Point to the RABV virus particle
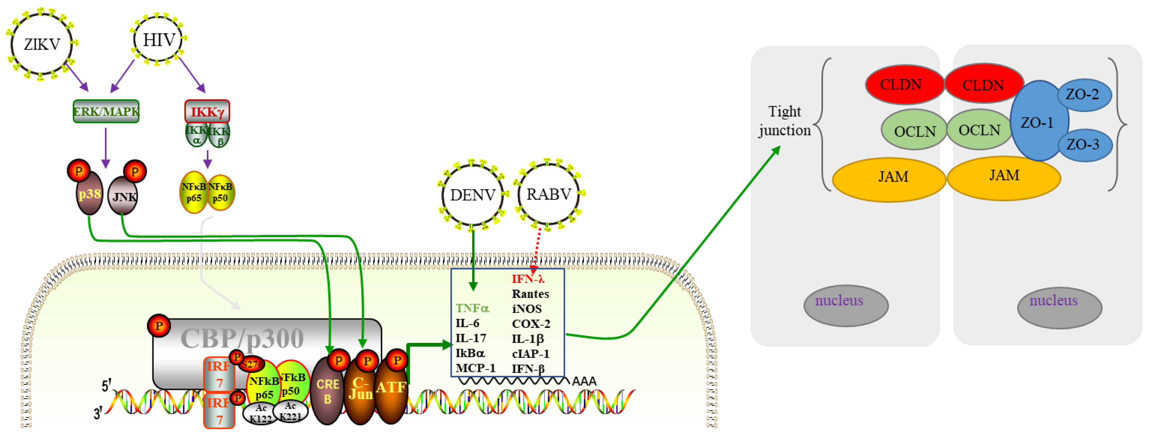[x=549, y=194]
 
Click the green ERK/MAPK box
[x=106, y=111]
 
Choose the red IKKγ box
[x=207, y=111]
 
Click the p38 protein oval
[x=89, y=194]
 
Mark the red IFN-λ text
[x=528, y=279]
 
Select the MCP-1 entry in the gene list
[x=475, y=368]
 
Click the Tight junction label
[x=785, y=121]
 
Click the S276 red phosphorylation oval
[x=252, y=364]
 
